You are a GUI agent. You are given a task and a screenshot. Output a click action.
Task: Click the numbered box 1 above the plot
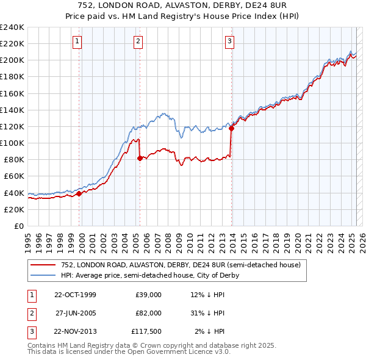click(78, 41)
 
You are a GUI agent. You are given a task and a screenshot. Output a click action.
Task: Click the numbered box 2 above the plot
click(138, 41)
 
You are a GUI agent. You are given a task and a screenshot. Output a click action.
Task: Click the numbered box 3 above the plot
click(229, 41)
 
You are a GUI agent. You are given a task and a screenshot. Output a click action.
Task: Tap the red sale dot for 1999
click(79, 193)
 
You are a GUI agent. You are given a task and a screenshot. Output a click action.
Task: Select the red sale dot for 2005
click(140, 158)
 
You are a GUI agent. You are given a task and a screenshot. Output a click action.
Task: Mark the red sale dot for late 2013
click(231, 129)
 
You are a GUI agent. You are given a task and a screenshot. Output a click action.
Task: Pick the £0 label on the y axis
click(18, 226)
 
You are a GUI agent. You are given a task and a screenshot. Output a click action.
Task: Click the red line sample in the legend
click(42, 265)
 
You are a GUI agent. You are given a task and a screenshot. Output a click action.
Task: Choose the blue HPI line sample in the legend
click(42, 275)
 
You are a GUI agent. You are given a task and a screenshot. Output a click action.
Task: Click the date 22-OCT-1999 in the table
click(75, 295)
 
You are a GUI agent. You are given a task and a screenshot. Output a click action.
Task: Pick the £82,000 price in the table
click(148, 313)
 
